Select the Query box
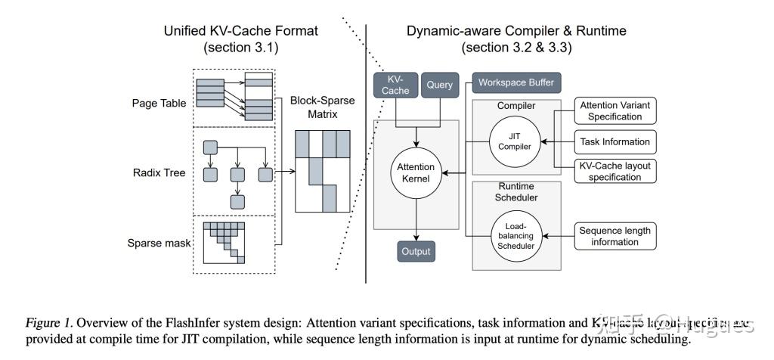pos(439,85)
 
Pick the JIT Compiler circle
pos(515,141)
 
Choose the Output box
pos(416,251)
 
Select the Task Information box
pos(615,141)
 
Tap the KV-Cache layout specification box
pos(615,171)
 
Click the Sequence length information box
pos(615,236)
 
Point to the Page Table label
pos(158,103)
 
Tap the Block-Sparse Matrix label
pos(323,108)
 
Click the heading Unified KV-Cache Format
pos(241,31)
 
